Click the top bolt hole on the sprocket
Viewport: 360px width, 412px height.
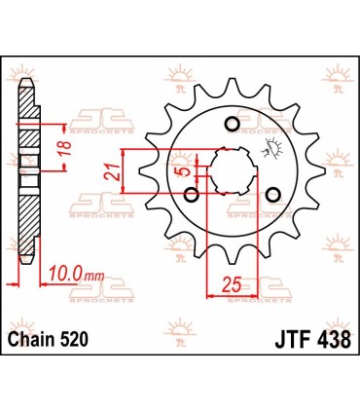pyautogui.click(x=231, y=123)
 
